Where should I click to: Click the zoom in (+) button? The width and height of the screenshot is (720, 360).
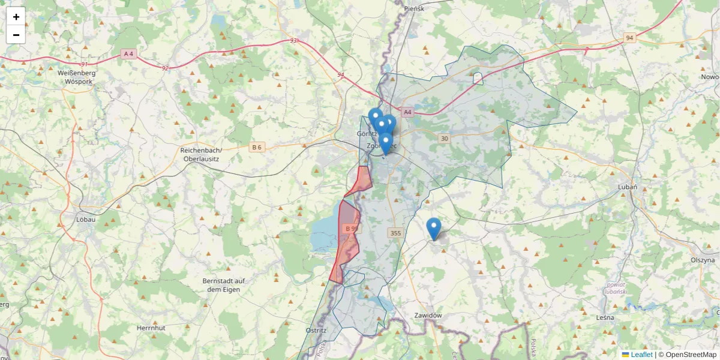16,17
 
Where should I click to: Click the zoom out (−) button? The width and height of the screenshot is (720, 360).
16,35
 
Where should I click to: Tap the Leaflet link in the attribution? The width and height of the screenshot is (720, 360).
641,355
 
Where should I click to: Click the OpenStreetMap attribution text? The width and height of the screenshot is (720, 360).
691,355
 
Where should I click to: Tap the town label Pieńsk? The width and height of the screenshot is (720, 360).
415,8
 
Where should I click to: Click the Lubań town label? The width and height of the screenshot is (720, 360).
627,187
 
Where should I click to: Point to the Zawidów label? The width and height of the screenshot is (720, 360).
428,316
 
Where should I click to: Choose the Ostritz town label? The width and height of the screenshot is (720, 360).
316,330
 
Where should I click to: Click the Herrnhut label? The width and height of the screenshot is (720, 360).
151,328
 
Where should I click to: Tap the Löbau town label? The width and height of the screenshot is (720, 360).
86,220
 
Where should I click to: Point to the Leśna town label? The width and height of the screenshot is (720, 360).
605,317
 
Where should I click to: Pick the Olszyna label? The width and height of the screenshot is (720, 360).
703,260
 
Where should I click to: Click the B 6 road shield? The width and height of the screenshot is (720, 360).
257,147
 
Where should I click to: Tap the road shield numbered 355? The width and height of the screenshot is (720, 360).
395,233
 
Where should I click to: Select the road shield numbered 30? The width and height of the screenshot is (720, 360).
444,139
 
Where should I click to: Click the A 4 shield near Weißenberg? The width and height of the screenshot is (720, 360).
128,54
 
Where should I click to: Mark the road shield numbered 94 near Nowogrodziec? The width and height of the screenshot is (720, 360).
629,38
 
